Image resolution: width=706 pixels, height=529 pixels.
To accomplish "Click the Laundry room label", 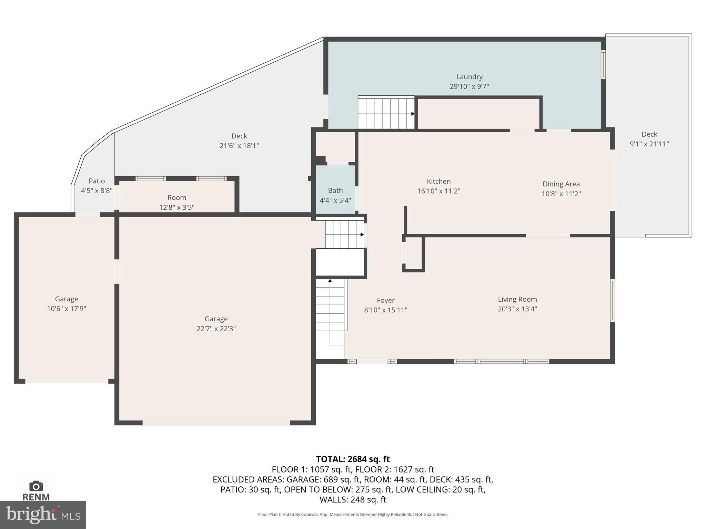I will [469, 77].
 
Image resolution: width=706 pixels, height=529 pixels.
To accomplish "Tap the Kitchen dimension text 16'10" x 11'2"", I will [438, 191].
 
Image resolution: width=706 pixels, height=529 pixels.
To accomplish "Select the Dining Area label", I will [561, 184].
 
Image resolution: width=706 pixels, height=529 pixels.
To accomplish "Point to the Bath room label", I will [335, 190].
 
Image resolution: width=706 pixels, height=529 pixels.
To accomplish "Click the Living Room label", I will [517, 299].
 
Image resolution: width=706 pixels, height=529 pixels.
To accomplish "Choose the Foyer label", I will [385, 300].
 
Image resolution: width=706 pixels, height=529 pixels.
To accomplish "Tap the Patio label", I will [97, 181].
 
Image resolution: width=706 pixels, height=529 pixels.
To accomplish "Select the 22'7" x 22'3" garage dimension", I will [216, 329].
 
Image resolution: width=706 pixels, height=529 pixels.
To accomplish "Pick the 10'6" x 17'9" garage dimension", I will [66, 309].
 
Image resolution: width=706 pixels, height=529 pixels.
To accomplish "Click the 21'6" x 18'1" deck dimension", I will [239, 145].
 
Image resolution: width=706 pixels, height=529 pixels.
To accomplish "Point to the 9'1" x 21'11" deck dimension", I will [649, 144].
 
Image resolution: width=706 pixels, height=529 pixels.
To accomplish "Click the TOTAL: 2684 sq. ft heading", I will [353, 459].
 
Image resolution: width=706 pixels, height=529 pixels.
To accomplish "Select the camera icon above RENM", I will [36, 486].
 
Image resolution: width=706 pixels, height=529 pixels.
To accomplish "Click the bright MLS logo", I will [43, 515].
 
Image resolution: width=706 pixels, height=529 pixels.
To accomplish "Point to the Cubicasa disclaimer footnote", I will [353, 515].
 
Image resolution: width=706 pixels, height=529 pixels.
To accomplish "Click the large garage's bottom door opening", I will [216, 423].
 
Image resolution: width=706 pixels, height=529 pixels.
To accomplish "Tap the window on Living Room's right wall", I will [612, 300].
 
